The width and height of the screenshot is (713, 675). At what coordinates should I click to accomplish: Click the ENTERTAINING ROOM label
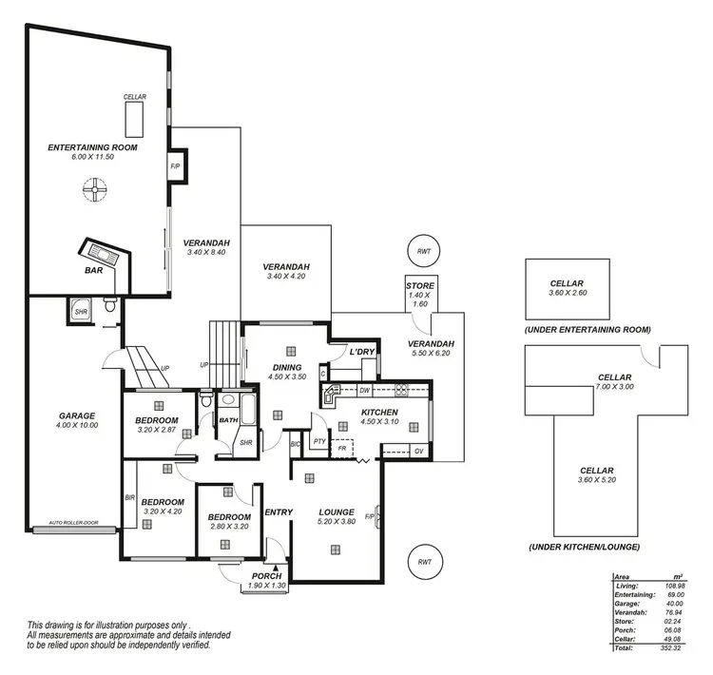pos(93,147)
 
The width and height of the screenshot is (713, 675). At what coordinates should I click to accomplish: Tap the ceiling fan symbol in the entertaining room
pos(95,193)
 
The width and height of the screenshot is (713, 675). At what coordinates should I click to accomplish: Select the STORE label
pos(420,285)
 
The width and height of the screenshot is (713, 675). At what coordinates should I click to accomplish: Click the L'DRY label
pos(362,352)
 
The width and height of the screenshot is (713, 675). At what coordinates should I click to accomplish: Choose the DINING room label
pos(286,367)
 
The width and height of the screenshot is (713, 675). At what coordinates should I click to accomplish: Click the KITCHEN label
pos(378,412)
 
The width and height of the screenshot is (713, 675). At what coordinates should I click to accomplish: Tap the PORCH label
pos(266,576)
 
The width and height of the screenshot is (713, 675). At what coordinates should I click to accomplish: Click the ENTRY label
pos(279,512)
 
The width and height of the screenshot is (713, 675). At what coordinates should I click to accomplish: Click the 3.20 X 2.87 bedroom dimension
pos(157,431)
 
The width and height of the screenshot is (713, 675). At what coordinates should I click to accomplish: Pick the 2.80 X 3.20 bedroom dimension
pos(227,526)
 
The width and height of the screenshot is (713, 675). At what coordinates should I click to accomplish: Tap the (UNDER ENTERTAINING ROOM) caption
pos(587,329)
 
